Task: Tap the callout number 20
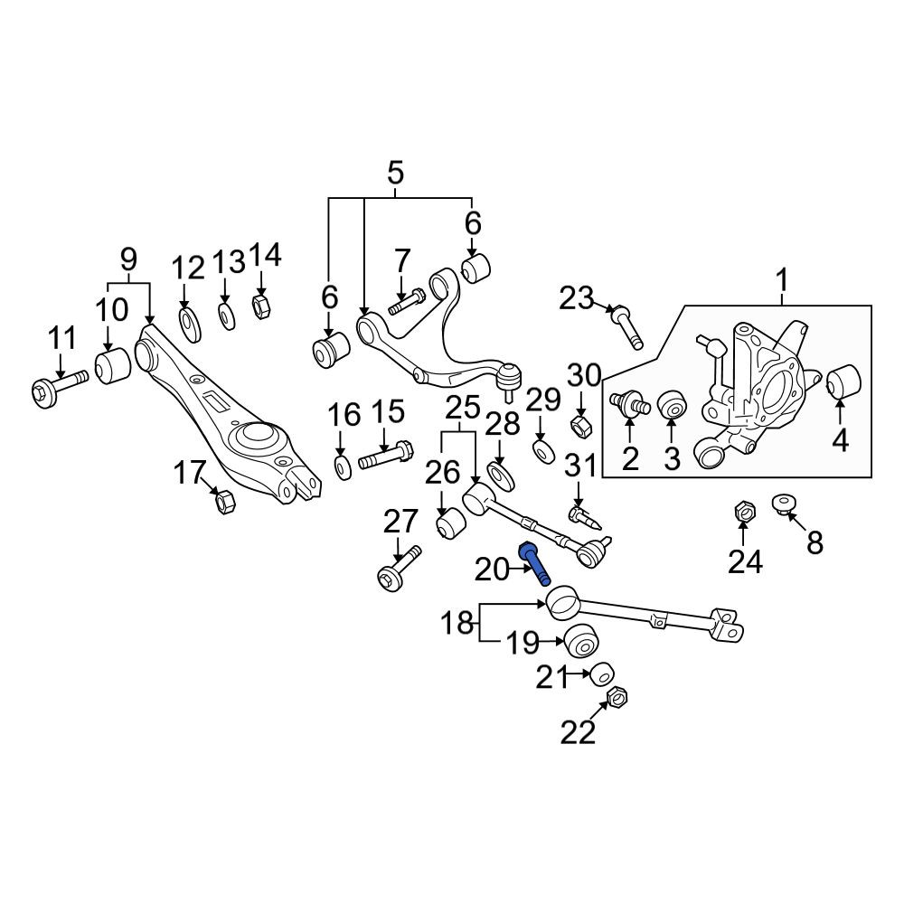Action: point(493,570)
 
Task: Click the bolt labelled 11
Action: point(59,387)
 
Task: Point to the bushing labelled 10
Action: point(114,365)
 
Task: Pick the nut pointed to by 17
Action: point(224,501)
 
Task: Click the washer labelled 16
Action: point(343,467)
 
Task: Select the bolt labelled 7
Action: point(407,302)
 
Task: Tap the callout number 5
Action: point(396,173)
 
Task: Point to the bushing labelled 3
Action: point(673,405)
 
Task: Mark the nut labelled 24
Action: point(745,511)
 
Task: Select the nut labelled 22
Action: point(617,698)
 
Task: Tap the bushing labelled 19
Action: point(580,642)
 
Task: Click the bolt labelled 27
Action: point(400,568)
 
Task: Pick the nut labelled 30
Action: point(579,426)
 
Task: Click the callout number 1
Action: point(782,281)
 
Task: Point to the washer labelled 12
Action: point(190,325)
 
